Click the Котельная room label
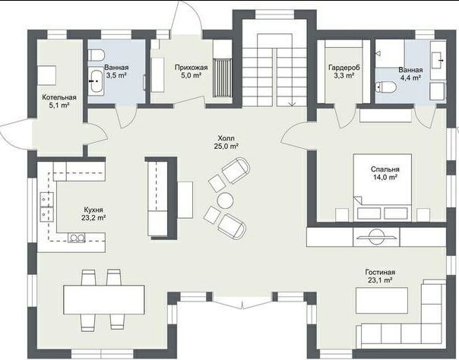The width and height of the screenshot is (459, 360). [59, 97]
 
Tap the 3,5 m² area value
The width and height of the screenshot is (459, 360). [116, 75]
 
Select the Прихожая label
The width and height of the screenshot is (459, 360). [192, 68]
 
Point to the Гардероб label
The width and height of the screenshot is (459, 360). [344, 68]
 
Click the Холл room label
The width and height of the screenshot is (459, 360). [226, 138]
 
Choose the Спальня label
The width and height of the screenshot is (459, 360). [385, 169]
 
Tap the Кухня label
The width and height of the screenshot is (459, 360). [93, 210]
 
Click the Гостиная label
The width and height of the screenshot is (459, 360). [380, 272]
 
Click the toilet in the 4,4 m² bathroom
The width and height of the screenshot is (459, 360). [385, 87]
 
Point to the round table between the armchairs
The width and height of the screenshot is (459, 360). [225, 201]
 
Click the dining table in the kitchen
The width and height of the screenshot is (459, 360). [104, 299]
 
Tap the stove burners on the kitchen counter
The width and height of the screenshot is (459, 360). [77, 238]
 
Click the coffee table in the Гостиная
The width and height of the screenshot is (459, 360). [381, 300]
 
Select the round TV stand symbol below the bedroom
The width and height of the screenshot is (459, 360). [376, 237]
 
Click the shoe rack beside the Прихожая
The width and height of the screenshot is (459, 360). [223, 77]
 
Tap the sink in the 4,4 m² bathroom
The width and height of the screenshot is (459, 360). [438, 61]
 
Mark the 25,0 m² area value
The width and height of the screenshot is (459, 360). [226, 147]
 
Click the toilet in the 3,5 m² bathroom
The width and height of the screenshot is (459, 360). [97, 55]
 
